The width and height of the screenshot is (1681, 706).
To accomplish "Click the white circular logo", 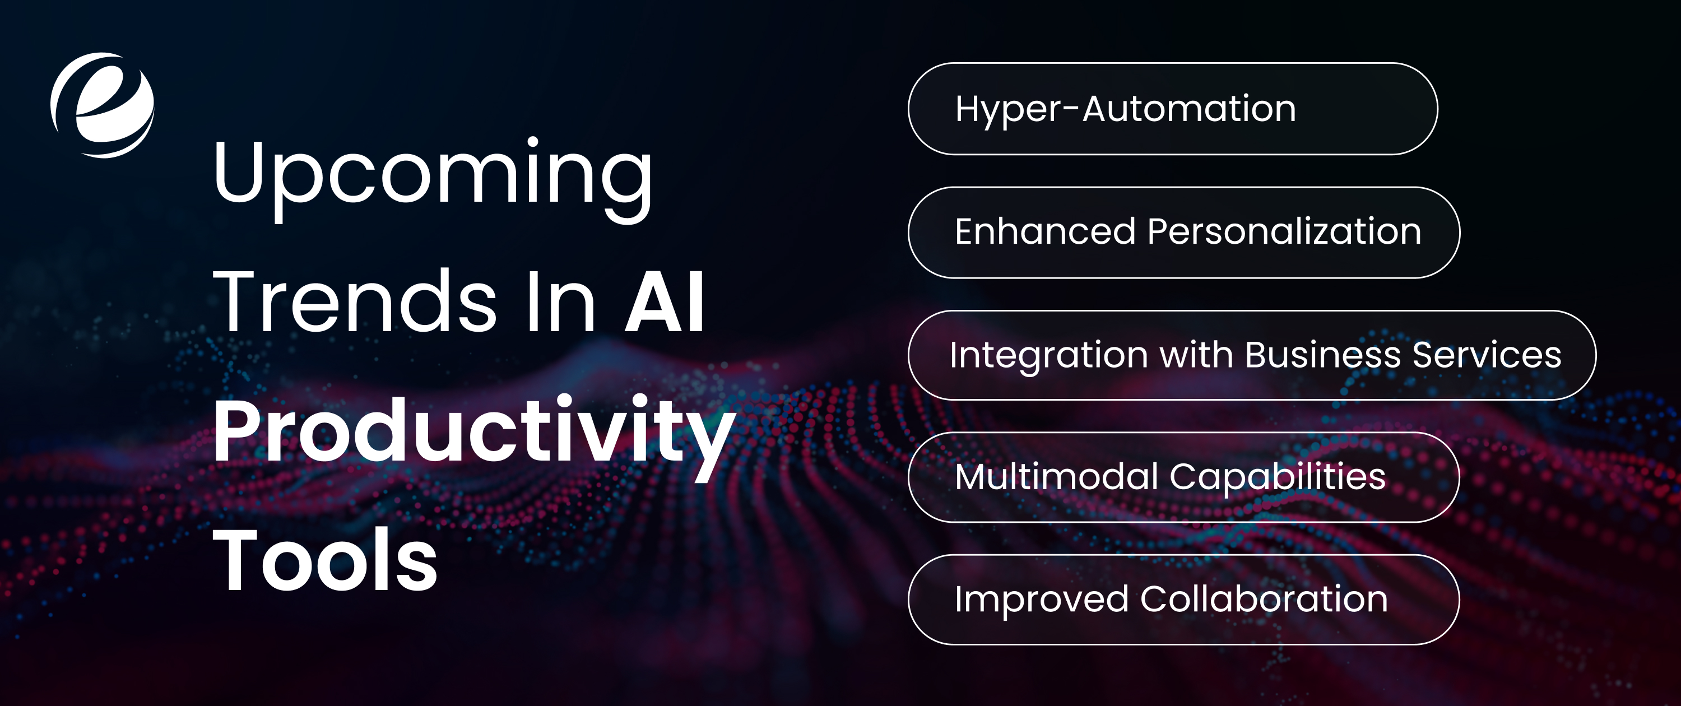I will (x=103, y=105).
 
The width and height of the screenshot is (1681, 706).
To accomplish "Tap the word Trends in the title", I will (x=355, y=301).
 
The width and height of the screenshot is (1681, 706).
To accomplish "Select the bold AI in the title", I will (x=665, y=301).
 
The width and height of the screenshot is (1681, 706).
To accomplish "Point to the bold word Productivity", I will (x=473, y=432).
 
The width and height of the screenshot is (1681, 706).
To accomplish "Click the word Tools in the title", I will (x=325, y=560).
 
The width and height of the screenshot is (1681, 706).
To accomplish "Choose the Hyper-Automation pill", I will (x=1172, y=108).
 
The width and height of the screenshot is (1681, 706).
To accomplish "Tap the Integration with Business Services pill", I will (x=1251, y=355).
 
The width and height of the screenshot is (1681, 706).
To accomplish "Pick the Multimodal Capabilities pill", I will (x=1183, y=477).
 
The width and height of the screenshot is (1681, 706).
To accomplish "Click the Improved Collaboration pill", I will (x=1183, y=600).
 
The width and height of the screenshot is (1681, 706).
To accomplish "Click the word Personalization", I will (x=1284, y=231).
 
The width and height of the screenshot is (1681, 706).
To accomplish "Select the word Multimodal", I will (x=1056, y=476).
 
